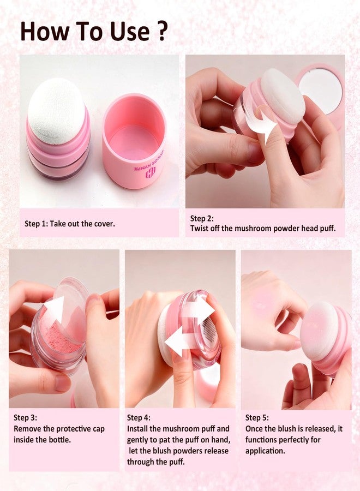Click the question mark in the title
point(161,32)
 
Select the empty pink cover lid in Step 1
point(134,141)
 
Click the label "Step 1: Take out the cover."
point(70,224)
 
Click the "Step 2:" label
point(202,218)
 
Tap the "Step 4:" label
point(139,418)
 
